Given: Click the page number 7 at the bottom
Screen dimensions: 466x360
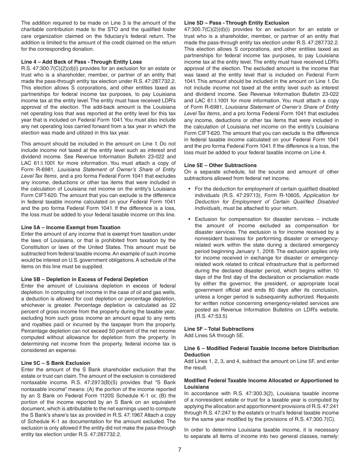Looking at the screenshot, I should tap(180, 450).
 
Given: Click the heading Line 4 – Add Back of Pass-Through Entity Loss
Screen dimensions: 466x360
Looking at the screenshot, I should tap(81, 62).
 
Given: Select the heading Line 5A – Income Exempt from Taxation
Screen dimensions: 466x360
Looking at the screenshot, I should tap(71, 227).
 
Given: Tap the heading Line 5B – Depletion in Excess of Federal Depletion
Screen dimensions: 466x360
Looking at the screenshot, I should tap(85, 279).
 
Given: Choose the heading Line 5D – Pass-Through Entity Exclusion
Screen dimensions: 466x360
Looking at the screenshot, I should tap(236, 23).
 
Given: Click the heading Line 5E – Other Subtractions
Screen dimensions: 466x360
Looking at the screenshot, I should tap(220, 165).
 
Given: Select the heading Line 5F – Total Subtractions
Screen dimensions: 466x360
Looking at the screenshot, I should tap(219, 329).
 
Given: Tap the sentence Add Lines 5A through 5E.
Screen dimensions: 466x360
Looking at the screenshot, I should tap(214, 335).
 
